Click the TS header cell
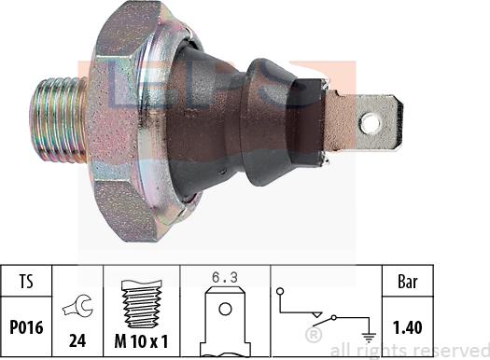pos(26,279)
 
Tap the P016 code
pos(26,326)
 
